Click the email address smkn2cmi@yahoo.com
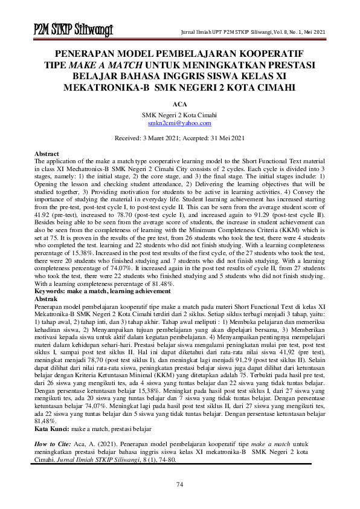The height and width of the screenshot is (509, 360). [179, 123]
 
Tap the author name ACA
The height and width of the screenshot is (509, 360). [179, 104]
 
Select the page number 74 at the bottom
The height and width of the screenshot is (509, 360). [179, 485]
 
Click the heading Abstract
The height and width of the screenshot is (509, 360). [47, 155]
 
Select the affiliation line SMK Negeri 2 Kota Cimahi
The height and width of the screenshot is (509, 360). [179, 115]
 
